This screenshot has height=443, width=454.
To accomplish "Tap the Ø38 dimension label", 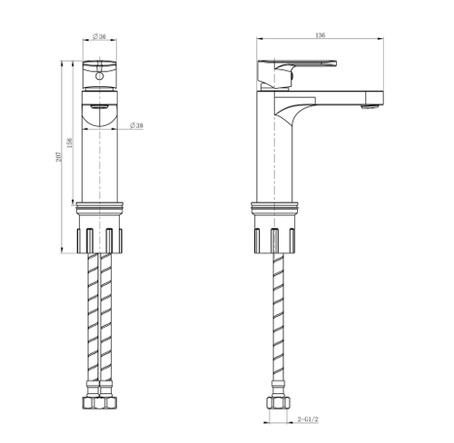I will (136, 125).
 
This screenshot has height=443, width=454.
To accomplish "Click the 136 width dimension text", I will (320, 34).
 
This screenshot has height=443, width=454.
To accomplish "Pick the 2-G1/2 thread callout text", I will (312, 419).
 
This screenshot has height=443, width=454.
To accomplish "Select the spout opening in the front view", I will (100, 113).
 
